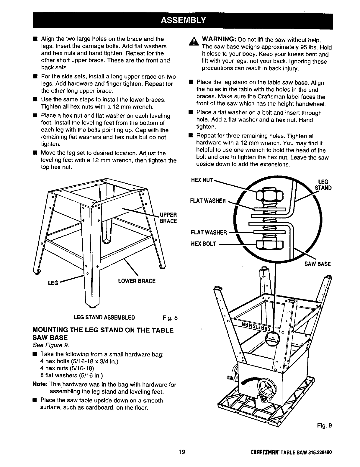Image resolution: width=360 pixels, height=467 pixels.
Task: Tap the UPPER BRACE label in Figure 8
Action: [x=168, y=218]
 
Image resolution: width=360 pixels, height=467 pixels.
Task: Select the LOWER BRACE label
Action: [x=137, y=281]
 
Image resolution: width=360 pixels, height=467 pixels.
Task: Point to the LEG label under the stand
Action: [x=53, y=283]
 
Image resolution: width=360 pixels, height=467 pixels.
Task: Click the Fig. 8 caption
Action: [x=170, y=318]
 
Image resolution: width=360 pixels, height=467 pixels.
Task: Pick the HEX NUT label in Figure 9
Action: [x=202, y=179]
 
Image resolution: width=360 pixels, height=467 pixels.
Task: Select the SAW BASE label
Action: [x=318, y=264]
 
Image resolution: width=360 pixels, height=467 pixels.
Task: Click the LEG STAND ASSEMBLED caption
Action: [x=104, y=318]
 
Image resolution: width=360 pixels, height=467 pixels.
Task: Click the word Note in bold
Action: [x=40, y=385]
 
